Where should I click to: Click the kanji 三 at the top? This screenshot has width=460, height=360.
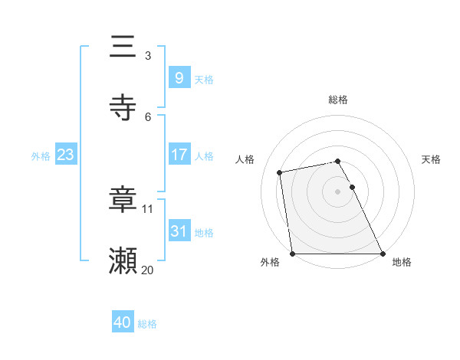[x=123, y=47]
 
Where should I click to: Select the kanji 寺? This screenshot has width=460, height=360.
[x=123, y=108]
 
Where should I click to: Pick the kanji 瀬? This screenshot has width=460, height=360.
[x=123, y=261]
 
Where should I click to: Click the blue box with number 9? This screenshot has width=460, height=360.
[x=179, y=77]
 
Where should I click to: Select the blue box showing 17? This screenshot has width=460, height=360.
[x=179, y=155]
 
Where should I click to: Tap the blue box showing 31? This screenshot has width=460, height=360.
[x=179, y=231]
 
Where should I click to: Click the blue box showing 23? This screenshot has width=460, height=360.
[x=65, y=155]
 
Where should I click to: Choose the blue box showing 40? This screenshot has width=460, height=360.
[x=123, y=322]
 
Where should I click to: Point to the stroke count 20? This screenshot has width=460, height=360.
[x=148, y=269]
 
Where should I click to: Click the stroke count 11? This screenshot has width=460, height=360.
[x=148, y=208]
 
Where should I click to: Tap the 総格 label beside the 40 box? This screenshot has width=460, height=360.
[x=147, y=324]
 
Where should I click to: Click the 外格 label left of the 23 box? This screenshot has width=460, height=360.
[x=41, y=155]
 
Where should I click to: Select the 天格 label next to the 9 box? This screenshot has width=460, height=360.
[x=204, y=79]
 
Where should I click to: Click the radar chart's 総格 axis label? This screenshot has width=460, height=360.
[x=338, y=100]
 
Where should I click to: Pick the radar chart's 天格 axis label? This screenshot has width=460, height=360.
[x=432, y=159]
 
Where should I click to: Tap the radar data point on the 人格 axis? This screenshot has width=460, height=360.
[x=281, y=172]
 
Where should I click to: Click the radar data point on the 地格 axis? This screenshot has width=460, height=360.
[x=383, y=254]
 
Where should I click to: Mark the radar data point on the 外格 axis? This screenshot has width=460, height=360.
[x=292, y=254]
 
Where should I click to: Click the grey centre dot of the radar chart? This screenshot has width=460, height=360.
[x=338, y=191]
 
